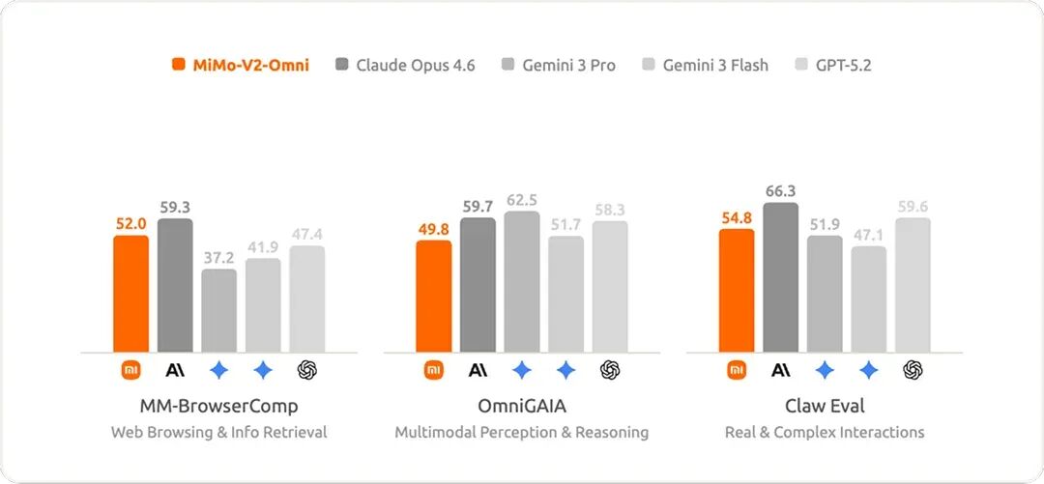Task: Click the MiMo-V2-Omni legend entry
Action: point(241,66)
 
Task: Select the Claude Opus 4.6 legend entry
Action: point(405,66)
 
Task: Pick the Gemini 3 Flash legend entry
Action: point(705,66)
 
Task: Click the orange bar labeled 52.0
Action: point(131,294)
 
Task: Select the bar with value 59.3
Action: point(175,286)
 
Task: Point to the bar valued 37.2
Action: point(219,311)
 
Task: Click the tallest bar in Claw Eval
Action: point(780,278)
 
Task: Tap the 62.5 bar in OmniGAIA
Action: point(522,282)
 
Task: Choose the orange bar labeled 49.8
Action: point(434,297)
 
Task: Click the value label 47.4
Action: point(307,234)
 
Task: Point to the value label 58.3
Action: point(610,210)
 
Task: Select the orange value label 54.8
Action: point(737,217)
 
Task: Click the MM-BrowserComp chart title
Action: point(218,406)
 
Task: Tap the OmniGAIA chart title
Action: point(522,406)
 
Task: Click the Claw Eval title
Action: point(825,406)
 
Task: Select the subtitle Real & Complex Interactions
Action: point(825,432)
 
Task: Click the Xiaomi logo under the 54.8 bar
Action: point(737,369)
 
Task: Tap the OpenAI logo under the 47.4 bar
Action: point(307,369)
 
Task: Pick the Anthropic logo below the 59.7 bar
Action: point(478,369)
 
